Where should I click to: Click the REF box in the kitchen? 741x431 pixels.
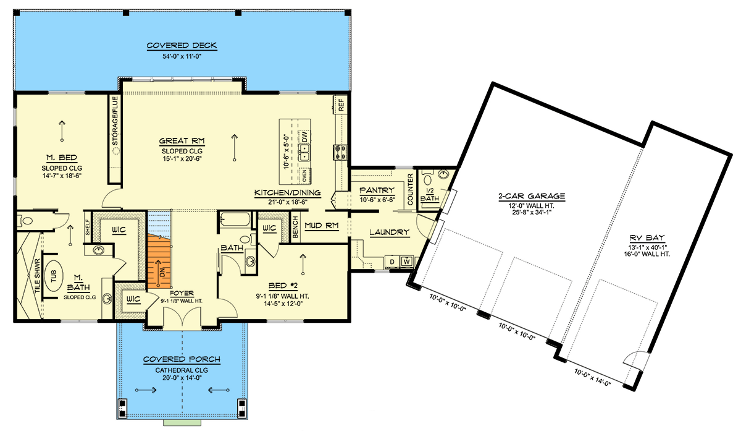pyautogui.click(x=340, y=104)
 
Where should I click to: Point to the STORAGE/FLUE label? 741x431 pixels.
pyautogui.click(x=115, y=121)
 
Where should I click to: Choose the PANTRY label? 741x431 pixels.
pyautogui.click(x=372, y=190)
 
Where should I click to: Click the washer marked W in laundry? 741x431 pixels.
pyautogui.click(x=406, y=262)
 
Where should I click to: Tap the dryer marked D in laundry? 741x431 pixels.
pyautogui.click(x=392, y=262)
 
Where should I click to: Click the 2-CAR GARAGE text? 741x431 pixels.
pyautogui.click(x=532, y=197)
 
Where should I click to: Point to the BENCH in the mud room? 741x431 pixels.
pyautogui.click(x=296, y=228)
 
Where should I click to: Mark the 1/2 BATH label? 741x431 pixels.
pyautogui.click(x=429, y=195)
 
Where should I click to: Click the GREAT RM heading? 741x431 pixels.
pyautogui.click(x=178, y=140)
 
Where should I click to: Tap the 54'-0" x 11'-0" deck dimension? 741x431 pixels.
pyautogui.click(x=182, y=56)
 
